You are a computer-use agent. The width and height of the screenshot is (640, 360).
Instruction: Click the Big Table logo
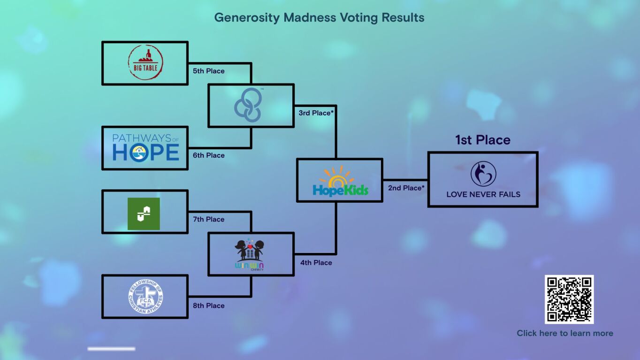[145, 62]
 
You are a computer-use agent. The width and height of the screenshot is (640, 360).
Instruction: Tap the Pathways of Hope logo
[146, 148]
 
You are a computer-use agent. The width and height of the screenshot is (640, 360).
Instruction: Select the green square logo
[144, 214]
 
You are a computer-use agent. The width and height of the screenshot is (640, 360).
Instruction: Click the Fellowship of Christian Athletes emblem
[146, 296]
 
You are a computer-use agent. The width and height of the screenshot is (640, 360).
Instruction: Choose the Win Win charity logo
[250, 254]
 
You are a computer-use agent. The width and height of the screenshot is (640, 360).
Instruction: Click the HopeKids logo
[340, 181]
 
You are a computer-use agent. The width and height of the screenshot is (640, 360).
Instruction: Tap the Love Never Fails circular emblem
[483, 174]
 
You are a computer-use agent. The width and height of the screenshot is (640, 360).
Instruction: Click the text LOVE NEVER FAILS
[483, 195]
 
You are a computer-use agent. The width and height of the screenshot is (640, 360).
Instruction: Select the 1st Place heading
[483, 140]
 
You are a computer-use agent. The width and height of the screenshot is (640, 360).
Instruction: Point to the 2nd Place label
[406, 188]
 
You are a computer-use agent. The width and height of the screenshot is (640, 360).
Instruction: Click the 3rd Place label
[316, 113]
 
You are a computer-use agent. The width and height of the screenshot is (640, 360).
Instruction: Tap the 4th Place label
[316, 262]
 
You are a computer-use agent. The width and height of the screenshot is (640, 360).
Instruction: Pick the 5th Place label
[209, 71]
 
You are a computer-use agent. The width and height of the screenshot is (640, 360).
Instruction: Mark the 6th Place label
[209, 155]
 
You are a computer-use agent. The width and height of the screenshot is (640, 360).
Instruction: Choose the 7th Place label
[209, 219]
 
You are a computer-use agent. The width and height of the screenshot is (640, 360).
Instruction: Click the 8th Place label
[209, 306]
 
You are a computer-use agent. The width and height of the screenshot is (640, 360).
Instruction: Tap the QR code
[569, 299]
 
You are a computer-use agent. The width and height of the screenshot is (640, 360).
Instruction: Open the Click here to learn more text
[565, 333]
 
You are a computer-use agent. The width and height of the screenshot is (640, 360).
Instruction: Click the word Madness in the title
[310, 17]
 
